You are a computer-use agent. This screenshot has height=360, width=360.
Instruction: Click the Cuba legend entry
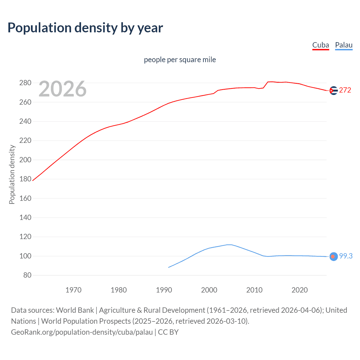click(321, 45)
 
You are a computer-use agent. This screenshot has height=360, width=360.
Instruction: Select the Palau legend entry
click(344, 45)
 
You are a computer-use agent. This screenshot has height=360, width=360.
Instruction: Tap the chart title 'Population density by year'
click(85, 28)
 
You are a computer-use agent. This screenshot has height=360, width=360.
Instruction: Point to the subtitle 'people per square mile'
click(180, 60)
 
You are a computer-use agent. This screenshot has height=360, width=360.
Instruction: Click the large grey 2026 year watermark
click(62, 89)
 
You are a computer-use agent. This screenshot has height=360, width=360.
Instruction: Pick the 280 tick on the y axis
click(25, 83)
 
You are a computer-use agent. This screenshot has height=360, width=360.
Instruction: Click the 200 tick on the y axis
click(25, 160)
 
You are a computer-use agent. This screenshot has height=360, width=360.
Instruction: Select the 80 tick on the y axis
click(27, 275)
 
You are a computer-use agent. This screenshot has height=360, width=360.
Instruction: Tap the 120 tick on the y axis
click(25, 237)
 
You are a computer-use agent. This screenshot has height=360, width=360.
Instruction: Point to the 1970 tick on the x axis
click(73, 290)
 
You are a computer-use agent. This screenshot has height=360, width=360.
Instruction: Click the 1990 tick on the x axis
click(164, 290)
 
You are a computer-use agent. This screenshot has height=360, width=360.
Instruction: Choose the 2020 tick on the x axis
click(300, 290)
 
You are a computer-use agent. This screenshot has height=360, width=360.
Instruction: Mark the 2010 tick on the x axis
click(254, 290)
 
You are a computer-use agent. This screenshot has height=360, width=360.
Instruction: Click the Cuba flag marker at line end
click(333, 91)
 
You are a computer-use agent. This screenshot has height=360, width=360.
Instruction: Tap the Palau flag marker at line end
click(333, 256)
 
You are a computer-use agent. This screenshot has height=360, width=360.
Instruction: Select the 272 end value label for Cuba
click(345, 90)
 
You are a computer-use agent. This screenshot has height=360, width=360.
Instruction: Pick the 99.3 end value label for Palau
click(346, 256)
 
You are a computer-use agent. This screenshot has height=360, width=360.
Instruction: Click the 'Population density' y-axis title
click(12, 174)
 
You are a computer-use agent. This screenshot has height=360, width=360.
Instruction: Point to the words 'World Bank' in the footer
click(75, 310)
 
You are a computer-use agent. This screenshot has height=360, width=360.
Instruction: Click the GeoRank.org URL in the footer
click(82, 332)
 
